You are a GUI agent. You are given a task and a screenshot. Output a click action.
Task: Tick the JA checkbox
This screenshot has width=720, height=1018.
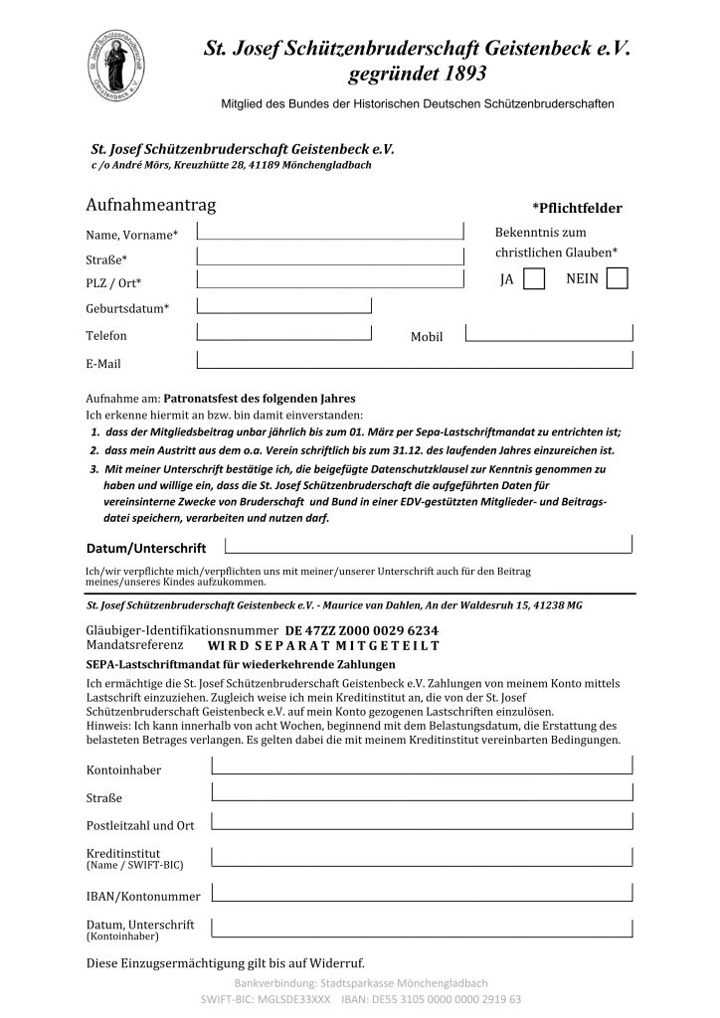click(534, 279)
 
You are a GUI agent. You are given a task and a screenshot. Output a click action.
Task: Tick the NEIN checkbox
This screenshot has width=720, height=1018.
click(617, 279)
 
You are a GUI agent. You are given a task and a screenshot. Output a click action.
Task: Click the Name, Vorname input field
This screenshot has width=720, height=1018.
click(330, 231)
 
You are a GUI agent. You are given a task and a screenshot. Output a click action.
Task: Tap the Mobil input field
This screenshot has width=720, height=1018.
click(548, 333)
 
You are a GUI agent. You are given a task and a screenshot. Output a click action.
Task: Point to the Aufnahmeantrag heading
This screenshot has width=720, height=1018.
click(150, 206)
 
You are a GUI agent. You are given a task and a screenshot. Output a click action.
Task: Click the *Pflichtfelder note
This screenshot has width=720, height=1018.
click(577, 209)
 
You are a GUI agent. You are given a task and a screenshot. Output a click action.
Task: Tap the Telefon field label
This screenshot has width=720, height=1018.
click(106, 336)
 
